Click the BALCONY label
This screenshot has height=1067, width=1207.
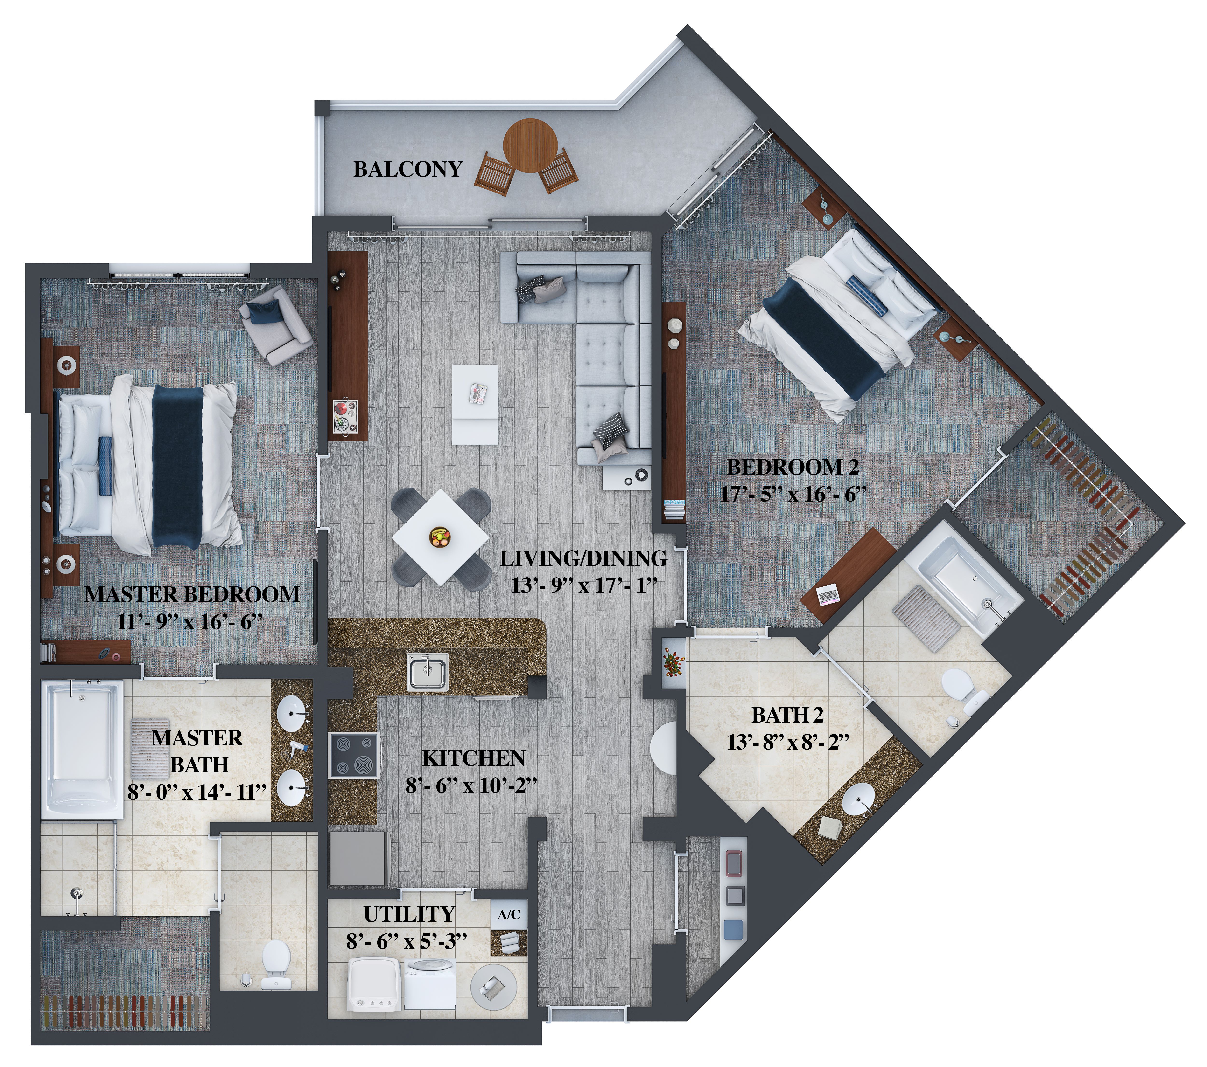407,169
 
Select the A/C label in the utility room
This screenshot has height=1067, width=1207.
509,915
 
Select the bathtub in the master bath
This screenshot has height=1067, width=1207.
83,750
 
